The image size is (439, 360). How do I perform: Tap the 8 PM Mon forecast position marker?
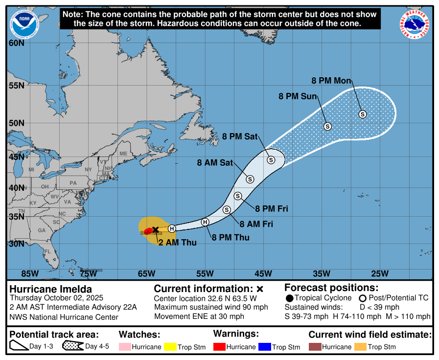(363, 114)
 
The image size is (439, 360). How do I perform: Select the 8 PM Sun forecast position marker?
(328, 126)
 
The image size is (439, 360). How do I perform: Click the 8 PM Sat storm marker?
(271, 159)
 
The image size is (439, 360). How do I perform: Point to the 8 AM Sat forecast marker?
(250, 179)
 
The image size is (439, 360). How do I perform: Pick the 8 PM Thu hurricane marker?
(206, 222)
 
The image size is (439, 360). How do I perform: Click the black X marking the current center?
(156, 229)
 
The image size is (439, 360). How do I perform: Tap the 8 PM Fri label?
(272, 209)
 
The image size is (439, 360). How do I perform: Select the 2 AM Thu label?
(177, 242)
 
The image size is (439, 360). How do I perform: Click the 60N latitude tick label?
(17, 43)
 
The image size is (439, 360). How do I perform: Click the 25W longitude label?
(380, 273)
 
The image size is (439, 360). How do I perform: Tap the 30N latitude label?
(17, 244)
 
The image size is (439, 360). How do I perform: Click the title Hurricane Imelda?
(51, 289)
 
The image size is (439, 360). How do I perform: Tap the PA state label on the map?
(73, 182)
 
